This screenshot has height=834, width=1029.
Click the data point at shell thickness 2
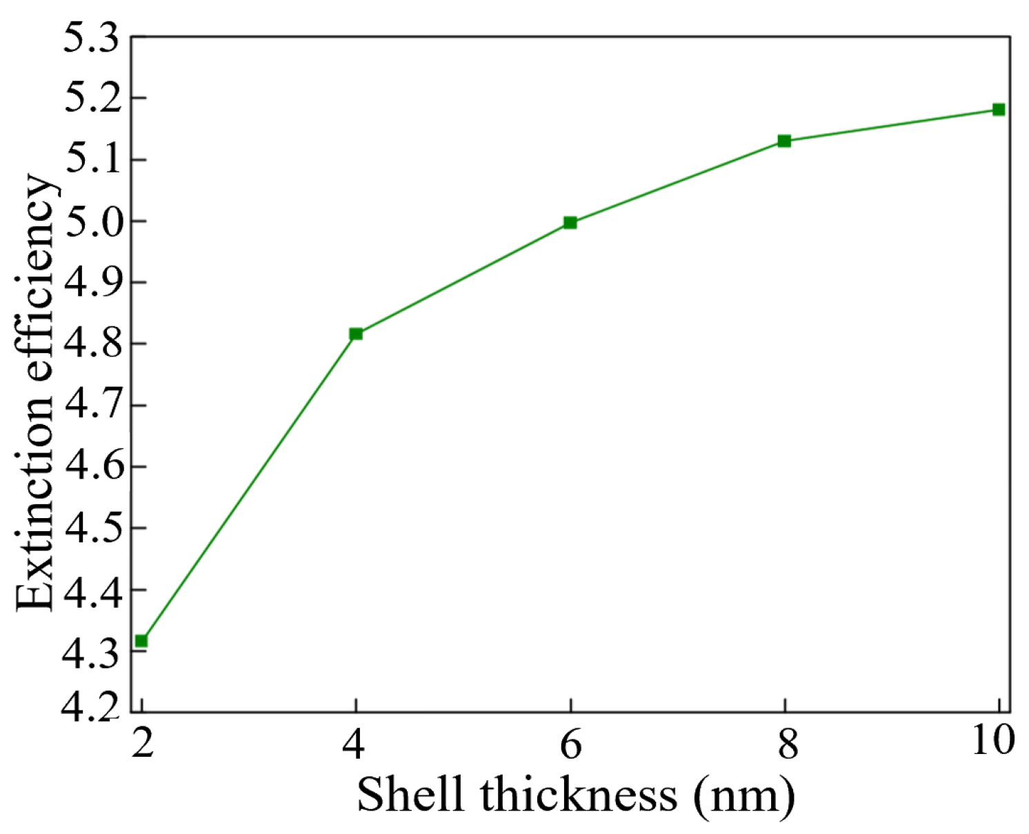[141, 641]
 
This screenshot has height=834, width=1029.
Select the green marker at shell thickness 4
[356, 334]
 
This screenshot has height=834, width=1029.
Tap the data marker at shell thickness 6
[570, 222]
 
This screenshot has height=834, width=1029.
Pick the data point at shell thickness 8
[784, 141]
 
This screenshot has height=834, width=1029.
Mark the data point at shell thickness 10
[999, 110]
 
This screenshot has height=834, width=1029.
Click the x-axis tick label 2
[142, 743]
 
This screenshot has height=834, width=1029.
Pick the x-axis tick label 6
[571, 743]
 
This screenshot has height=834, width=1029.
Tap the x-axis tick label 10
[993, 740]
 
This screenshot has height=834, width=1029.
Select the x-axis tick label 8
[786, 743]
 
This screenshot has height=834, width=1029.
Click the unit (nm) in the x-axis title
[744, 795]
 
